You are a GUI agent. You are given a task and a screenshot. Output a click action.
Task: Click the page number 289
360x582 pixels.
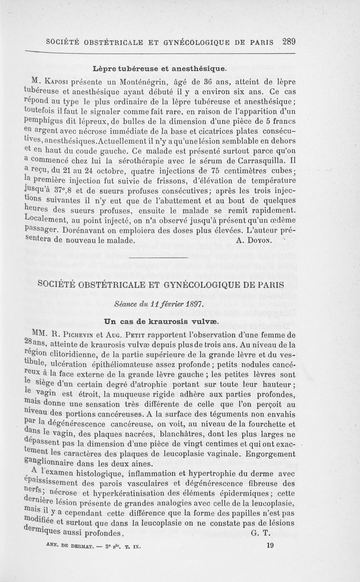pyautogui.click(x=287, y=42)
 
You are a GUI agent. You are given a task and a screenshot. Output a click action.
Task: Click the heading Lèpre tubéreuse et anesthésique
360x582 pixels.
pyautogui.click(x=159, y=69)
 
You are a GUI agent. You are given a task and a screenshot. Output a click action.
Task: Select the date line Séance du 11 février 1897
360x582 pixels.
pyautogui.click(x=158, y=304)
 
